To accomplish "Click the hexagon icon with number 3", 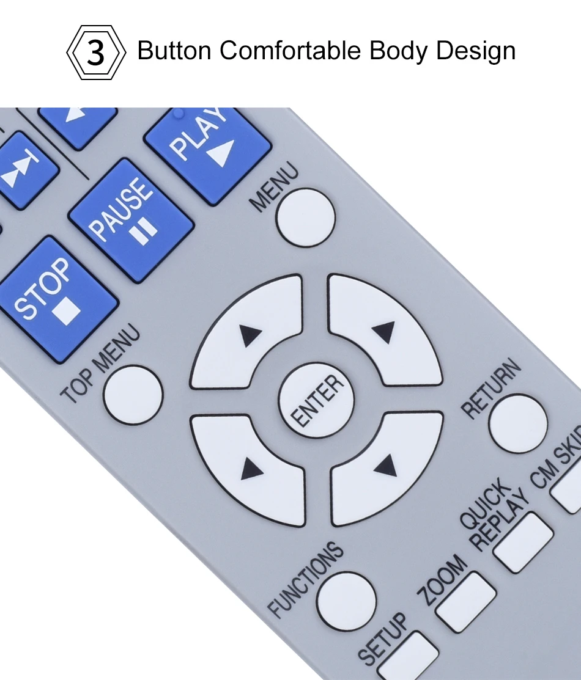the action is [x=96, y=52].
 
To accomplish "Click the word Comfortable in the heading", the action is [x=290, y=50].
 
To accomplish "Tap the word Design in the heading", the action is [x=476, y=51].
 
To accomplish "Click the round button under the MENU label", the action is [x=306, y=218].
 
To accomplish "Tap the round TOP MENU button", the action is [x=133, y=395].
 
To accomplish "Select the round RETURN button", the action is [x=518, y=423].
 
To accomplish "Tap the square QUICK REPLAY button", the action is [x=524, y=543].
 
